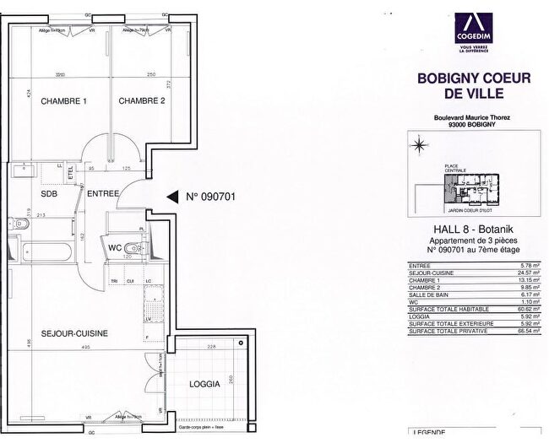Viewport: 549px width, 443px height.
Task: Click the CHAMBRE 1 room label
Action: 64,101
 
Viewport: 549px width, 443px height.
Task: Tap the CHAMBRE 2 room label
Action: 141,101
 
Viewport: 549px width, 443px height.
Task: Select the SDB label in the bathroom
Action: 36,193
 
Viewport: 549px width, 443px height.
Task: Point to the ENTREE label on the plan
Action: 103,193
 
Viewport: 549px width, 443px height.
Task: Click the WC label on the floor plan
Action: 115,247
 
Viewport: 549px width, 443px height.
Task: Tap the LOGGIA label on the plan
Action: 204,383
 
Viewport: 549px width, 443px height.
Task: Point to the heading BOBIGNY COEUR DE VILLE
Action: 474,86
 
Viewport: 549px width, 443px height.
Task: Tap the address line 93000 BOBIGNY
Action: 474,125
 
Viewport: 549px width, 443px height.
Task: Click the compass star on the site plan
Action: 418,146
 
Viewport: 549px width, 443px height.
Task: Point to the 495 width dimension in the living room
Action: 85,347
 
